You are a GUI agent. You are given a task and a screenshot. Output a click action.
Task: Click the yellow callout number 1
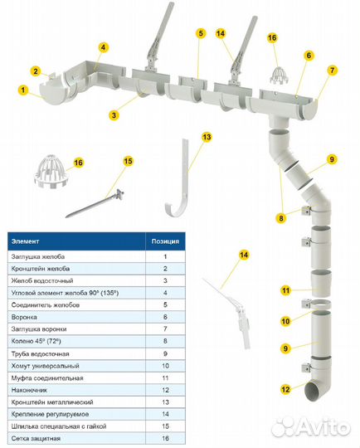click(23, 90)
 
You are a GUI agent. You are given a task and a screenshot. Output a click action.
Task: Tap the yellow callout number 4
click(103, 47)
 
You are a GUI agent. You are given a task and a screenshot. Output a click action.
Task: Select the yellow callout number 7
click(332, 70)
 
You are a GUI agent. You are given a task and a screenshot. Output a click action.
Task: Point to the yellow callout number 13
click(207, 137)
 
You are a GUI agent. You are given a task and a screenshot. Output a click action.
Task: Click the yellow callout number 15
click(129, 161)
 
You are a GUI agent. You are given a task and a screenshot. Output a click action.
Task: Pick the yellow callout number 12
click(285, 389)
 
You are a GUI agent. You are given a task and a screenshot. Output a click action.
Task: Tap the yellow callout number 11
click(285, 290)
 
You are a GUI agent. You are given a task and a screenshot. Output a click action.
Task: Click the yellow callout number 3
click(114, 115)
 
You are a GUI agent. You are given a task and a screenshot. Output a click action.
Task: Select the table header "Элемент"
click(25, 241)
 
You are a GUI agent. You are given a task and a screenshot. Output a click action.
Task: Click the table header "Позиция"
click(165, 241)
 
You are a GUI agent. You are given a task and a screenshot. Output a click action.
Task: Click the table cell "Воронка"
click(24, 317)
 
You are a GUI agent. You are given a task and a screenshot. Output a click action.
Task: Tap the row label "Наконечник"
click(29, 390)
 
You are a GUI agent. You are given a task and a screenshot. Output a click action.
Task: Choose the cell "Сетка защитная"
click(36, 438)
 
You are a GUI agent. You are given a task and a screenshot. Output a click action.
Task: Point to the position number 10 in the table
click(165, 366)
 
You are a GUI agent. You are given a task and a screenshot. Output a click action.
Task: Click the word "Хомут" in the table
click(21, 366)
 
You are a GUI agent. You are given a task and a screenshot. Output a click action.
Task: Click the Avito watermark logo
click(310, 427)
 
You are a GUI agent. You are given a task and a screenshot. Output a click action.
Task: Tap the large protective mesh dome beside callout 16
click(51, 171)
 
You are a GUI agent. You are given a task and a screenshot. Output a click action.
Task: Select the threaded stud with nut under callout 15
click(95, 203)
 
